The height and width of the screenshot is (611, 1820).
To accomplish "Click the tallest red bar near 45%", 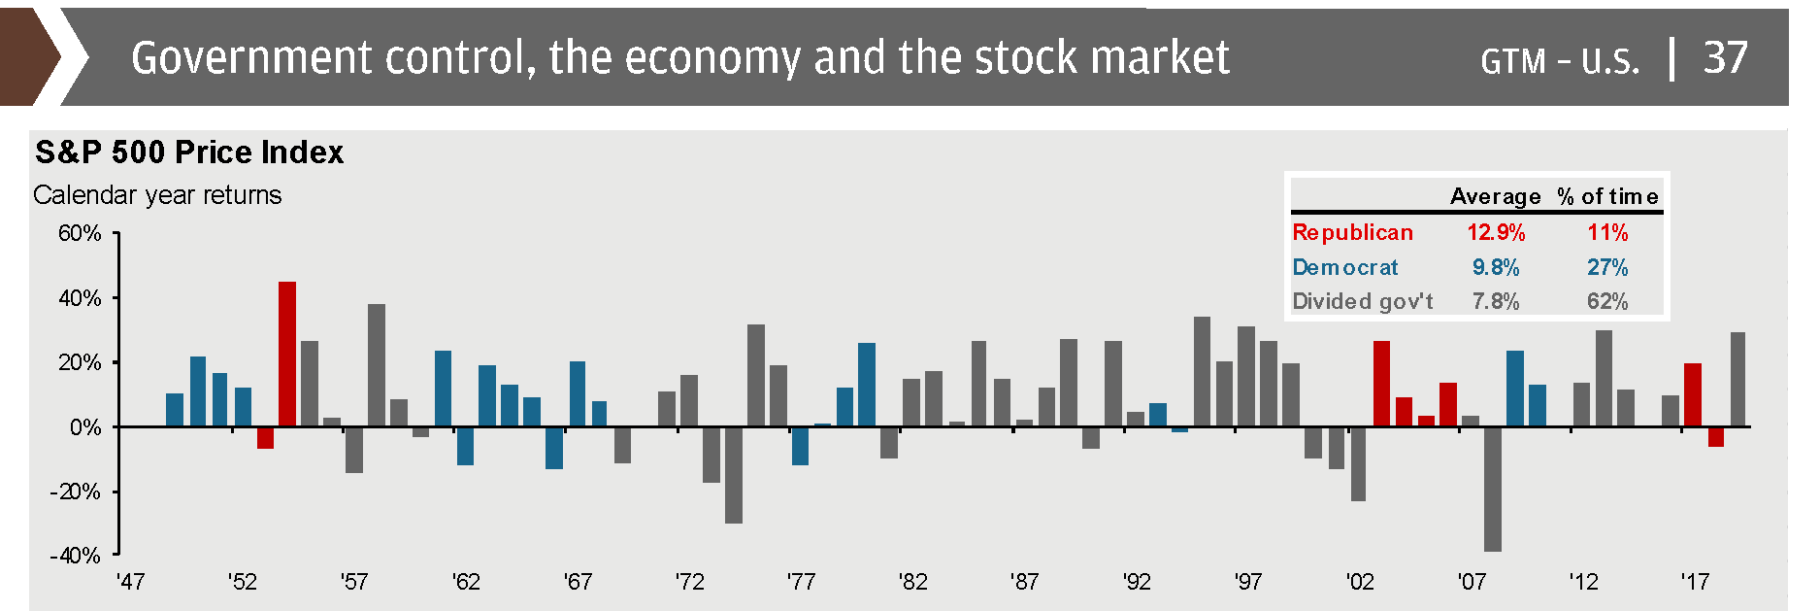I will pyautogui.click(x=287, y=355).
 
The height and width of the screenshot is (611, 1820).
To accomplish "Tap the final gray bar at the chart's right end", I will pyautogui.click(x=1737, y=380).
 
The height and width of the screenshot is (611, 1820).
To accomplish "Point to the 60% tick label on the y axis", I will pyautogui.click(x=80, y=233).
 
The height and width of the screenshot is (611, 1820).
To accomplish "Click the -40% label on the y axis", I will pyautogui.click(x=76, y=556).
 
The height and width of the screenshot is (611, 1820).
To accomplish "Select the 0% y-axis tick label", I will pyautogui.click(x=85, y=427).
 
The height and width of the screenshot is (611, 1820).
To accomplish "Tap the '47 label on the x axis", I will pyautogui.click(x=130, y=582).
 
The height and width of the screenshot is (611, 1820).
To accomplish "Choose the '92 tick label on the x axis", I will pyautogui.click(x=1137, y=582).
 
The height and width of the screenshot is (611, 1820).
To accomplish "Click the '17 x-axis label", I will pyautogui.click(x=1695, y=582).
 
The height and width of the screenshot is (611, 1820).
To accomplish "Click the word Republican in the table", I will pyautogui.click(x=1352, y=233).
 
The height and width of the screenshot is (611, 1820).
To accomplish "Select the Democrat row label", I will pyautogui.click(x=1345, y=267).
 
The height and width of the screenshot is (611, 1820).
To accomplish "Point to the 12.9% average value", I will pyautogui.click(x=1496, y=233).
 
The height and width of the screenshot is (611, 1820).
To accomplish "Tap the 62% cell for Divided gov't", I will pyautogui.click(x=1607, y=301).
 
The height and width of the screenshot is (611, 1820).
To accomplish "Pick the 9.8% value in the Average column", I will pyautogui.click(x=1496, y=267).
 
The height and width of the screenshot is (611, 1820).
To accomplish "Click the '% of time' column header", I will pyautogui.click(x=1607, y=196).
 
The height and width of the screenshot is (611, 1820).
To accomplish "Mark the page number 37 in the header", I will pyautogui.click(x=1725, y=58).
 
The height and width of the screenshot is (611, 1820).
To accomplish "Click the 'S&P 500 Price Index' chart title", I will pyautogui.click(x=189, y=153).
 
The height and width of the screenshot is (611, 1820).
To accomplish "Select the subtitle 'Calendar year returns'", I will pyautogui.click(x=157, y=195).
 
